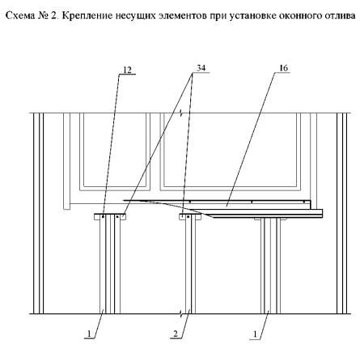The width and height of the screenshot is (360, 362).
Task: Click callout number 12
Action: point(127,70)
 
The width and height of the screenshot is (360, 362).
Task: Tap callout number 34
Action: point(201,68)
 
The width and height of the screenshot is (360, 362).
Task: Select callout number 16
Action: point(283,68)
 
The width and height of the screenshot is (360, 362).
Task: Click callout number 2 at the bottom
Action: point(176,334)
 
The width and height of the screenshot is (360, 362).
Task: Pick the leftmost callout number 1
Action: point(88,334)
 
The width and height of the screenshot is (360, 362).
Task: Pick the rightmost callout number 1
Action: point(255,334)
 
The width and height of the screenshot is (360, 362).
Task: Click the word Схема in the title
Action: point(20,15)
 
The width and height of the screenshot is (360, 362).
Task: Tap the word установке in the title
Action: point(252,16)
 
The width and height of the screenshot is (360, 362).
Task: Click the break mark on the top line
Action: point(181,113)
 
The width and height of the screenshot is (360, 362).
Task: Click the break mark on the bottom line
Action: point(181,313)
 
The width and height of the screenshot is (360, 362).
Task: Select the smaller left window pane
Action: point(115,151)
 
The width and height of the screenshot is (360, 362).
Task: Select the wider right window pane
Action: point(231,151)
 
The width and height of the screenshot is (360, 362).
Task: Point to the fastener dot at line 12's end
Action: point(103,215)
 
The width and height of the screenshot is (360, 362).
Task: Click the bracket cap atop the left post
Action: point(110,216)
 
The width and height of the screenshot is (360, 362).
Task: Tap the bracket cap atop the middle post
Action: point(190,216)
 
